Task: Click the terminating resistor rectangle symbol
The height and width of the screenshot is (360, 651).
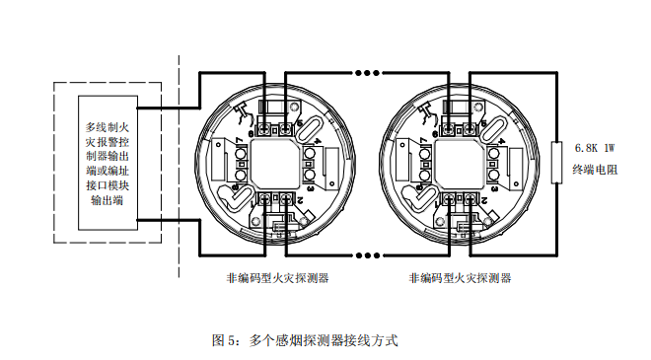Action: [556, 159]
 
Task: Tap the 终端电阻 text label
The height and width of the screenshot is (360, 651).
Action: [595, 170]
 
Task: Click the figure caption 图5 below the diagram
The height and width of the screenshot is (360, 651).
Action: [305, 340]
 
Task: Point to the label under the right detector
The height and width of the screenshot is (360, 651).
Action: [460, 278]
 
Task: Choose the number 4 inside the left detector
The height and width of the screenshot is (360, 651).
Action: [308, 145]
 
